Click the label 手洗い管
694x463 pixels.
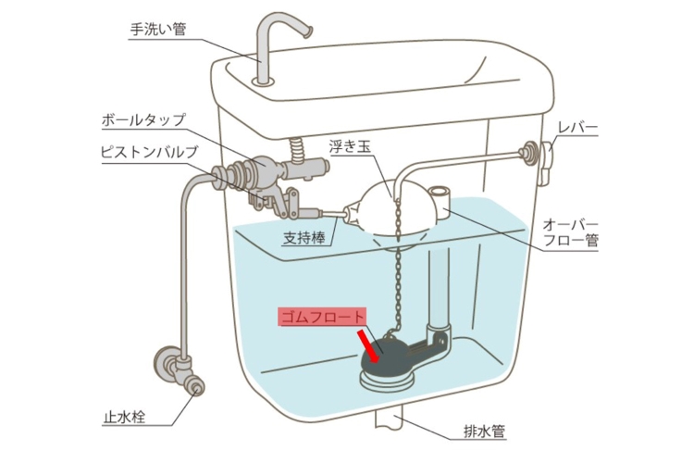[x=158, y=30]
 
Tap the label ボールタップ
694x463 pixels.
[x=143, y=119]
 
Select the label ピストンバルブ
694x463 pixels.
[x=149, y=152]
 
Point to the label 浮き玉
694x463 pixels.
[x=349, y=146]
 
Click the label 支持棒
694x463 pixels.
[x=304, y=238]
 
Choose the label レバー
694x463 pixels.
[x=577, y=128]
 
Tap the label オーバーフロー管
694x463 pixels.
[x=571, y=232]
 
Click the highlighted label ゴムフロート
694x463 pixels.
[x=323, y=317]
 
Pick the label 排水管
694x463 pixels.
[x=484, y=432]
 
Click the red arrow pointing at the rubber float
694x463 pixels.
[x=368, y=344]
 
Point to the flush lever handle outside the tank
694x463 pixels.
[x=545, y=163]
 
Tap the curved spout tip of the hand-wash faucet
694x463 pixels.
[x=306, y=32]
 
